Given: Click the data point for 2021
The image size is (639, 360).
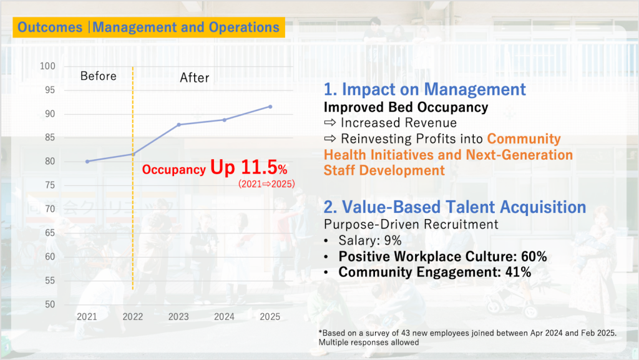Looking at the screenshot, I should tap(87, 161).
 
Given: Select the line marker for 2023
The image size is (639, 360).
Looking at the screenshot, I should tap(179, 125).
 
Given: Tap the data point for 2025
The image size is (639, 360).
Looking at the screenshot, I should tap(270, 107).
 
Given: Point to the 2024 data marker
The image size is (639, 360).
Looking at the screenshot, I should tap(225, 120).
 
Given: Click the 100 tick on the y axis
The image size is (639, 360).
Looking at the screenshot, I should tap(47, 66).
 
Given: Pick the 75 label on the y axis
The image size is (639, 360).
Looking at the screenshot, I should tap(49, 185).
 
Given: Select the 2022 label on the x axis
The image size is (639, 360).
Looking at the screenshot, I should tap(133, 317).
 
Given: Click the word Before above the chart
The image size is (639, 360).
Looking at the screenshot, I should tap(99, 76).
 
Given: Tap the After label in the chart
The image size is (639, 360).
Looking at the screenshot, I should tap(195, 78).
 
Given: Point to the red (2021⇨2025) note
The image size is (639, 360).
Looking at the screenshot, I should tap(266, 184).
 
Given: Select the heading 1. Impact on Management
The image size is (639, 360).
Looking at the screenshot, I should tap(425, 89).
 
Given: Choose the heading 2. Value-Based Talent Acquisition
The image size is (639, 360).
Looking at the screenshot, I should tap(455, 207).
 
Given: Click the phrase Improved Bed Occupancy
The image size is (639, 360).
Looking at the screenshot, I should tap(406, 107).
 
